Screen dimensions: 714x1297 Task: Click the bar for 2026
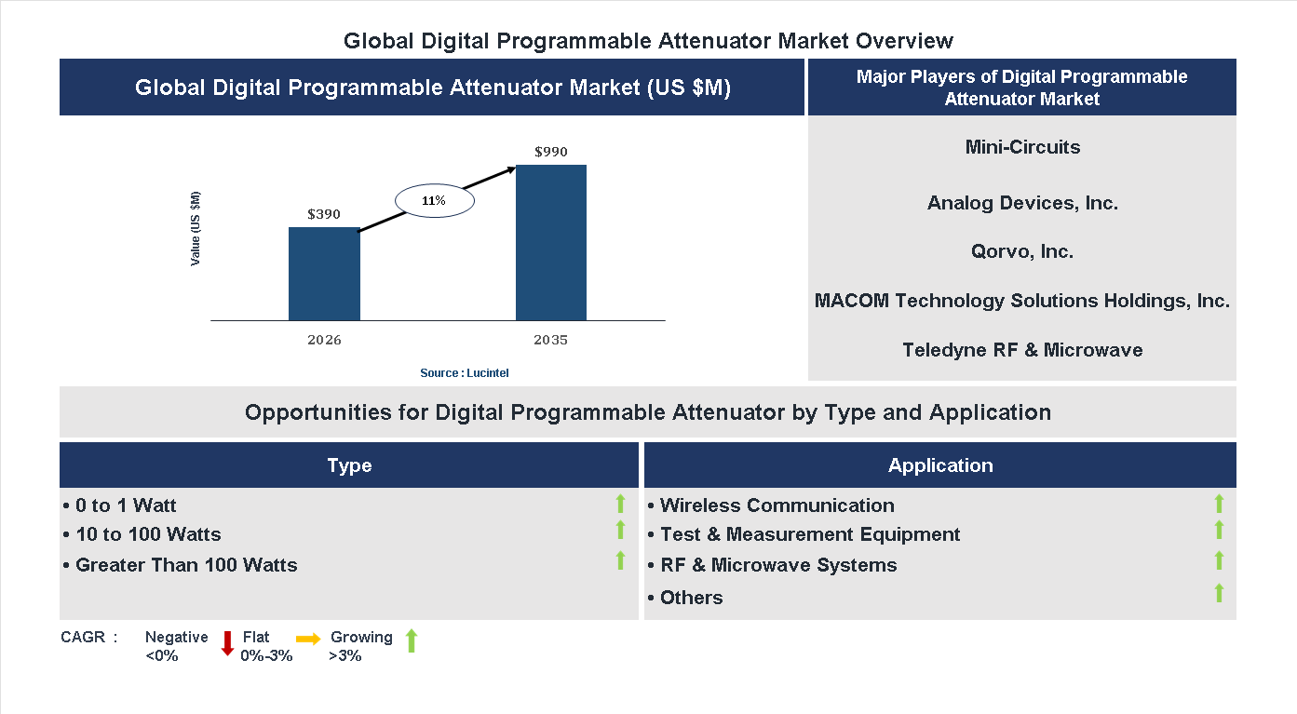324,274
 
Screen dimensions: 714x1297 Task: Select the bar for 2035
551,243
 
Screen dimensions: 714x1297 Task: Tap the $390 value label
324,214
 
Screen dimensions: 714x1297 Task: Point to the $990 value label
551,152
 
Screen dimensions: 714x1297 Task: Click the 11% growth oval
435,201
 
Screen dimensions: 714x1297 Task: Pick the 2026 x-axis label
324,340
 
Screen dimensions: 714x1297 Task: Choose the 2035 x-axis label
551,340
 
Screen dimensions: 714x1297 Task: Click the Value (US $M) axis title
196,229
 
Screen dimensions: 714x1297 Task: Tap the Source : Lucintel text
465,373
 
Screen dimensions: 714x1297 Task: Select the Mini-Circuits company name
1022,147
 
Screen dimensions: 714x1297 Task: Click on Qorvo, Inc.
1022,252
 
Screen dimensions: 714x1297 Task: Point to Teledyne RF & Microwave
1022,350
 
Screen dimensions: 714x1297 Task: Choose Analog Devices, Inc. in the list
1022,203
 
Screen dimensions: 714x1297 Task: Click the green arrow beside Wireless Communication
1219,504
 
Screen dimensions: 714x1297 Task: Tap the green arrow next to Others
1219,593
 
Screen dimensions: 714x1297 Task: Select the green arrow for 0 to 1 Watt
620,504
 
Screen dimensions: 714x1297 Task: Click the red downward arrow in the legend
226,643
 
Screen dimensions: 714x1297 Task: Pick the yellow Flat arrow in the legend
308,639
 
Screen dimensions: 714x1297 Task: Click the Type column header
349,465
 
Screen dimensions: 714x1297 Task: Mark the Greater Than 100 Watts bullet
181,565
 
